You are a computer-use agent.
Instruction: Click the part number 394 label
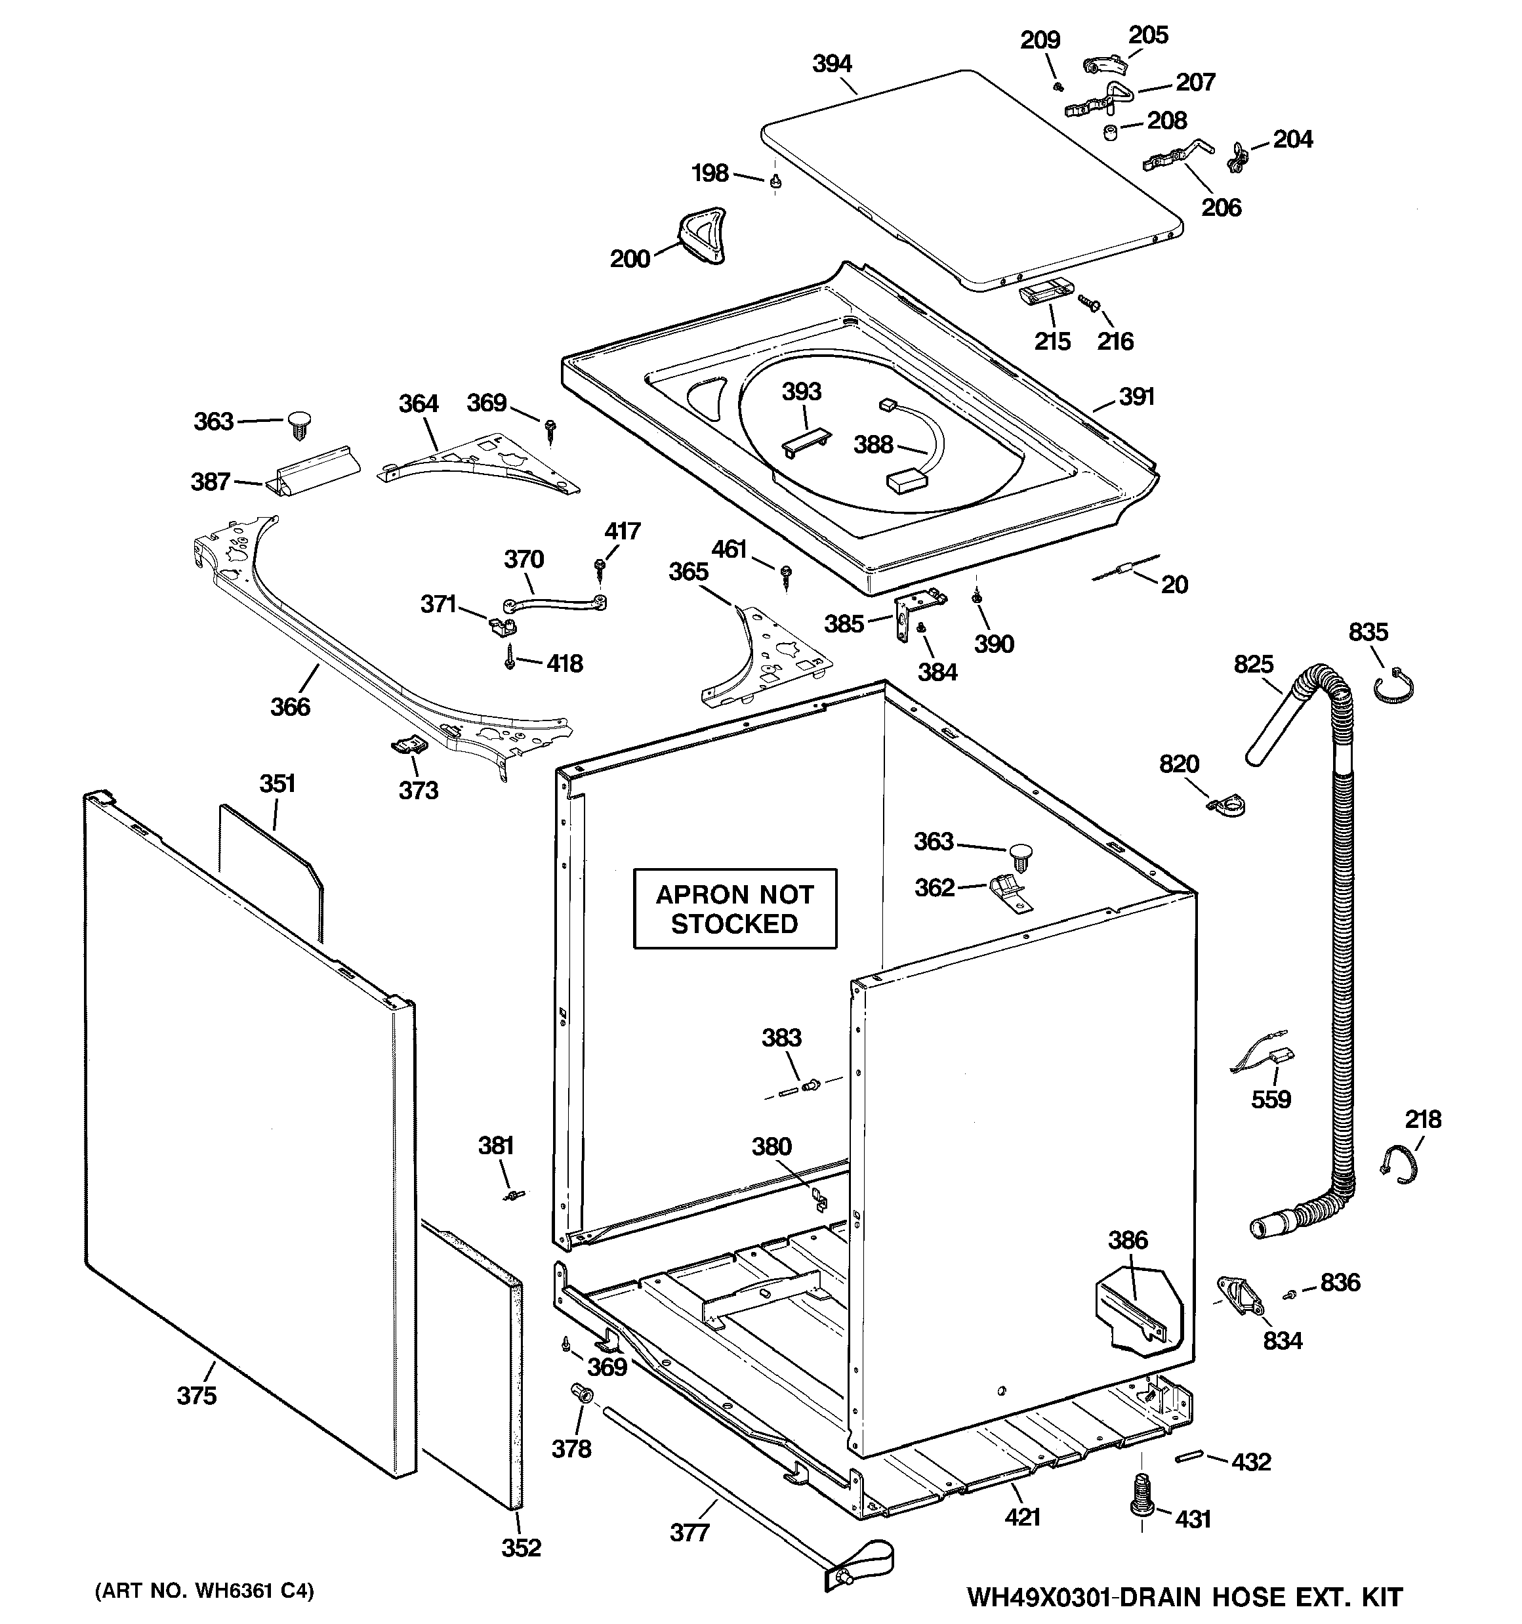tap(832, 64)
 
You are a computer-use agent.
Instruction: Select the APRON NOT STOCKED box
tap(735, 908)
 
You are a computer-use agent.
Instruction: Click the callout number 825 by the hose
tap(1253, 664)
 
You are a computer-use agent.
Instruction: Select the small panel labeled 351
tap(270, 866)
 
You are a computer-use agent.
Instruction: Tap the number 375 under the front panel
tap(197, 1395)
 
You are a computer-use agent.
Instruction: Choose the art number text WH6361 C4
tap(204, 1591)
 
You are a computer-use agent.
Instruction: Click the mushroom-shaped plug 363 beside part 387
tap(300, 424)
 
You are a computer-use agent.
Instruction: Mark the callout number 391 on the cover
tap(1136, 397)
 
